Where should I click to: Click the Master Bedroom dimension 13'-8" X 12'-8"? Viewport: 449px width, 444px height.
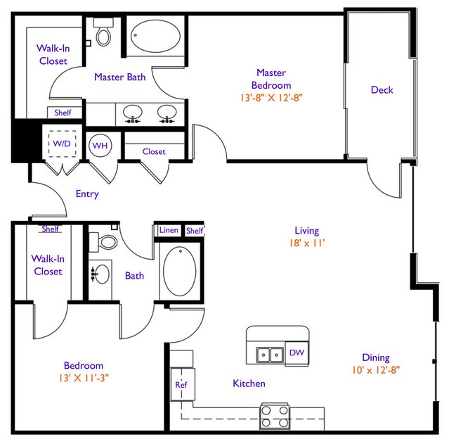tap(271, 98)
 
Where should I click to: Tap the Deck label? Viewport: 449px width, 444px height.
tap(382, 90)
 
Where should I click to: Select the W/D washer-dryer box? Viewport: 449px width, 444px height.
tap(62, 144)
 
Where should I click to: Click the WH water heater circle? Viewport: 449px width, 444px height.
tap(100, 146)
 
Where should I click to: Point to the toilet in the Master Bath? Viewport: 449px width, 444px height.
tap(103, 32)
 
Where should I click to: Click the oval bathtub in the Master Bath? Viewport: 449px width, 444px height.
tap(156, 36)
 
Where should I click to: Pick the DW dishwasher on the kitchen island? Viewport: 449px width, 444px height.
tap(297, 353)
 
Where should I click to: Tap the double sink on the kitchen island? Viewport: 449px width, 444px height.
tap(270, 355)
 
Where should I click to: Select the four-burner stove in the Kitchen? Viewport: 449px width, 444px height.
tap(275, 417)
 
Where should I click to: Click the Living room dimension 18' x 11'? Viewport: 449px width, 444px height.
tap(307, 243)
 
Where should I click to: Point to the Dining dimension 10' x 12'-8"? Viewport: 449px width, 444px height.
tap(376, 370)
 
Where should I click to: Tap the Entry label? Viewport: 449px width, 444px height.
tap(87, 194)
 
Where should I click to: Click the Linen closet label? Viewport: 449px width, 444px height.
tap(169, 230)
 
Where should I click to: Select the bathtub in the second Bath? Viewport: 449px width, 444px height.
tap(180, 271)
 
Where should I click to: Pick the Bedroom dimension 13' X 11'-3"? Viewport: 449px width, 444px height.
tap(84, 378)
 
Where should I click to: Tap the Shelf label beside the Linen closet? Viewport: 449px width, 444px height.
tap(195, 231)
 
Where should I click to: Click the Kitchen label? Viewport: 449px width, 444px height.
tap(249, 383)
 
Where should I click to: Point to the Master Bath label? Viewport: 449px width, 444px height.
tap(120, 77)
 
